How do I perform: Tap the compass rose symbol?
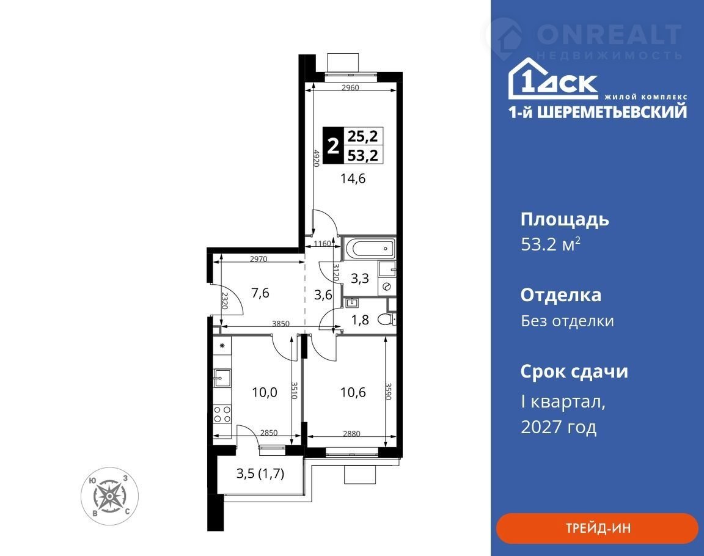[x=109, y=496]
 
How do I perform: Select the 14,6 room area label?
[x=353, y=178]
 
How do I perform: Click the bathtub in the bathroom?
[x=368, y=249]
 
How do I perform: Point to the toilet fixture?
[x=386, y=319]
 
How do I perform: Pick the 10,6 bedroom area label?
[x=353, y=392]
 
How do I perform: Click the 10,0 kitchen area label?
[x=265, y=392]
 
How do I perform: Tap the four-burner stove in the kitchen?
[x=222, y=414]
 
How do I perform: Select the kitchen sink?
[x=222, y=378]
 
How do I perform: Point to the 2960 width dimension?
[x=350, y=88]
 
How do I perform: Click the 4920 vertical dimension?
[x=316, y=158]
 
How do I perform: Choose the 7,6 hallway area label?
[x=260, y=293]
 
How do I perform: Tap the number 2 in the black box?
[x=332, y=145]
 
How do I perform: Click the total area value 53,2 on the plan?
[x=363, y=155]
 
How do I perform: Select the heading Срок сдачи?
[x=574, y=371]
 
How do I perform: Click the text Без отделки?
[x=568, y=321]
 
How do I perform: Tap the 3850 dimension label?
[x=281, y=324]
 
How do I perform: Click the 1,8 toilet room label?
[x=360, y=320]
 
